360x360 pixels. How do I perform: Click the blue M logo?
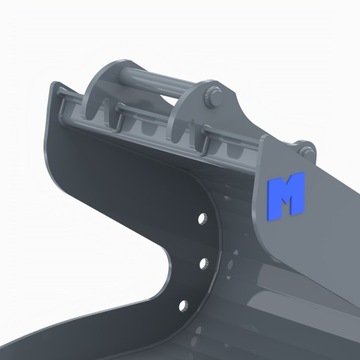[286, 195]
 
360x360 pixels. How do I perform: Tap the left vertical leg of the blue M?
[274, 197]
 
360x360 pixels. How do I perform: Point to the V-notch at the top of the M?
[286, 184]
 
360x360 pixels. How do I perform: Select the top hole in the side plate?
[202, 217]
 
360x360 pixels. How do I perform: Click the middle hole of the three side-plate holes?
[201, 263]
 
